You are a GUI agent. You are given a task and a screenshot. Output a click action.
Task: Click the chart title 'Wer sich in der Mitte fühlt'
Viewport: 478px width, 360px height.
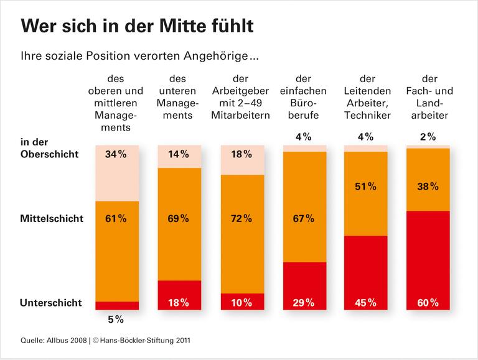click(137, 26)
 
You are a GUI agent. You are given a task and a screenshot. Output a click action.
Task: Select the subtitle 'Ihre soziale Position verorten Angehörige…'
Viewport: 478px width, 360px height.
click(139, 57)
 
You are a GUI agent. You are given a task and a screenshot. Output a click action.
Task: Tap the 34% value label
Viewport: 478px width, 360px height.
click(116, 155)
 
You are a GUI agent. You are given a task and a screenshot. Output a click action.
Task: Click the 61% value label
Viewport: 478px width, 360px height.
click(116, 218)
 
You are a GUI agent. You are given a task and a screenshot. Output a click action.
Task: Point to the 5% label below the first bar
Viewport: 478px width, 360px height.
click(116, 320)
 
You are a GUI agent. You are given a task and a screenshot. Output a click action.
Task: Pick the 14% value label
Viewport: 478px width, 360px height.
click(179, 155)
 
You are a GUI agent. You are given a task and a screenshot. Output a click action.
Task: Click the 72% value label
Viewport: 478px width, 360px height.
click(241, 218)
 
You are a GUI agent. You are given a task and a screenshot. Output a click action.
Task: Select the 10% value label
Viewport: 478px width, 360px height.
click(241, 303)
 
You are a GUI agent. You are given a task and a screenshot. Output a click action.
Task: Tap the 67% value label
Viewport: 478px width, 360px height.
click(304, 218)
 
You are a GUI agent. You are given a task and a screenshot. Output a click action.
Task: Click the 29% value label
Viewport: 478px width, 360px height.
click(304, 303)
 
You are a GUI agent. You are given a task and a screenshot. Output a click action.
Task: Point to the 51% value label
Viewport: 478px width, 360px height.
click(366, 186)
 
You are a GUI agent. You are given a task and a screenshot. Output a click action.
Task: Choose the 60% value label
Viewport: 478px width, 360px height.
click(428, 303)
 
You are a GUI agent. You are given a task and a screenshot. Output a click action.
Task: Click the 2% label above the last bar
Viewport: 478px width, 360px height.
click(428, 137)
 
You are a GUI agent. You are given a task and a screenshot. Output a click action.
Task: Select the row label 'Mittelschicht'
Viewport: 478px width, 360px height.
click(52, 219)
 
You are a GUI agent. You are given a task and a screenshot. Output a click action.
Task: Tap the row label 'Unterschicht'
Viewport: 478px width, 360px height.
click(51, 303)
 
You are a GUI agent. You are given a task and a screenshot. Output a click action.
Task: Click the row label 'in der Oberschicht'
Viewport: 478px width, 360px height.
click(50, 148)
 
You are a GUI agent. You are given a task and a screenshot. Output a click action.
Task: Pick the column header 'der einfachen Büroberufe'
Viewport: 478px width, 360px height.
click(304, 97)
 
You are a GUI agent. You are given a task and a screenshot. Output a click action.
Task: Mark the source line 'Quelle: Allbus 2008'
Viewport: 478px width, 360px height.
click(54, 340)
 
